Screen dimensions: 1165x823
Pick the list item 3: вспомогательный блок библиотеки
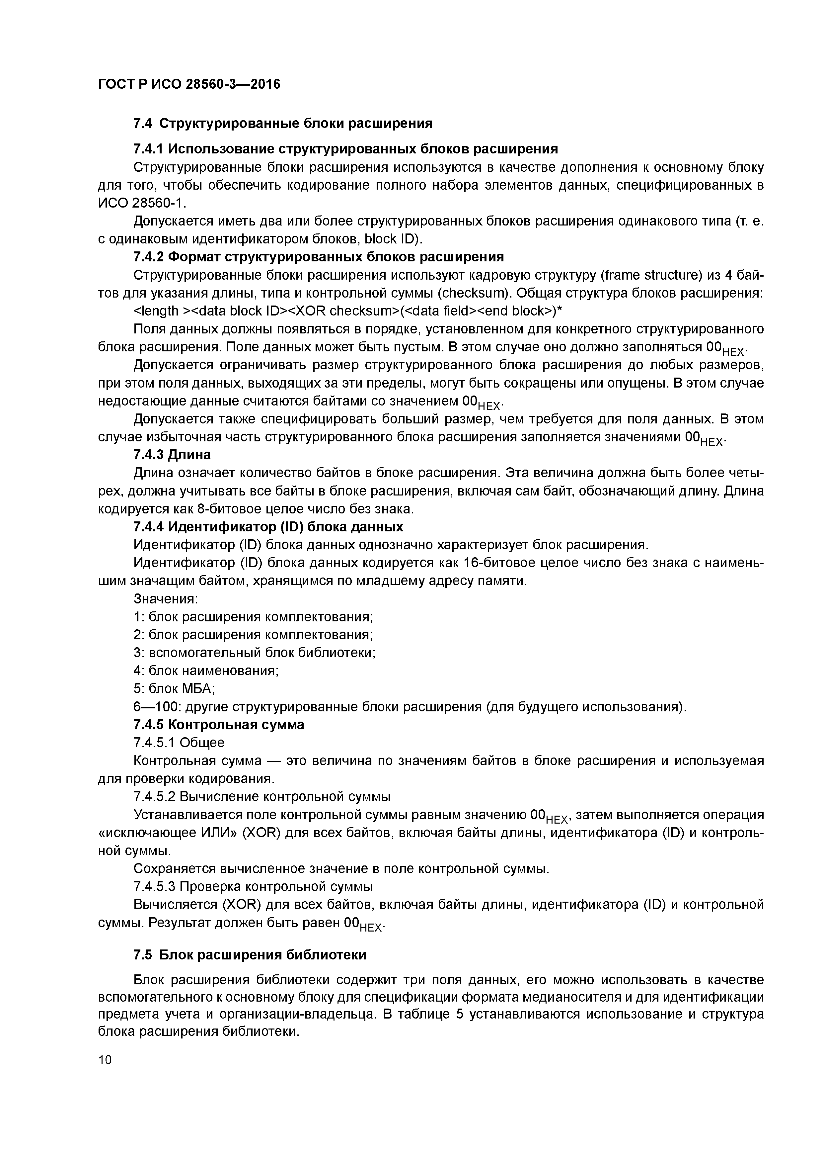tap(254, 653)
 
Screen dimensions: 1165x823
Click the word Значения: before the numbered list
tap(165, 599)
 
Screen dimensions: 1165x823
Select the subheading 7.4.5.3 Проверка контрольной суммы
tap(253, 886)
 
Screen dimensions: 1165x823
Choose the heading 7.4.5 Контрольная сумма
tap(219, 725)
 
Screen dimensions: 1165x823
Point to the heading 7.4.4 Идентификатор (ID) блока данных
tap(268, 527)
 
